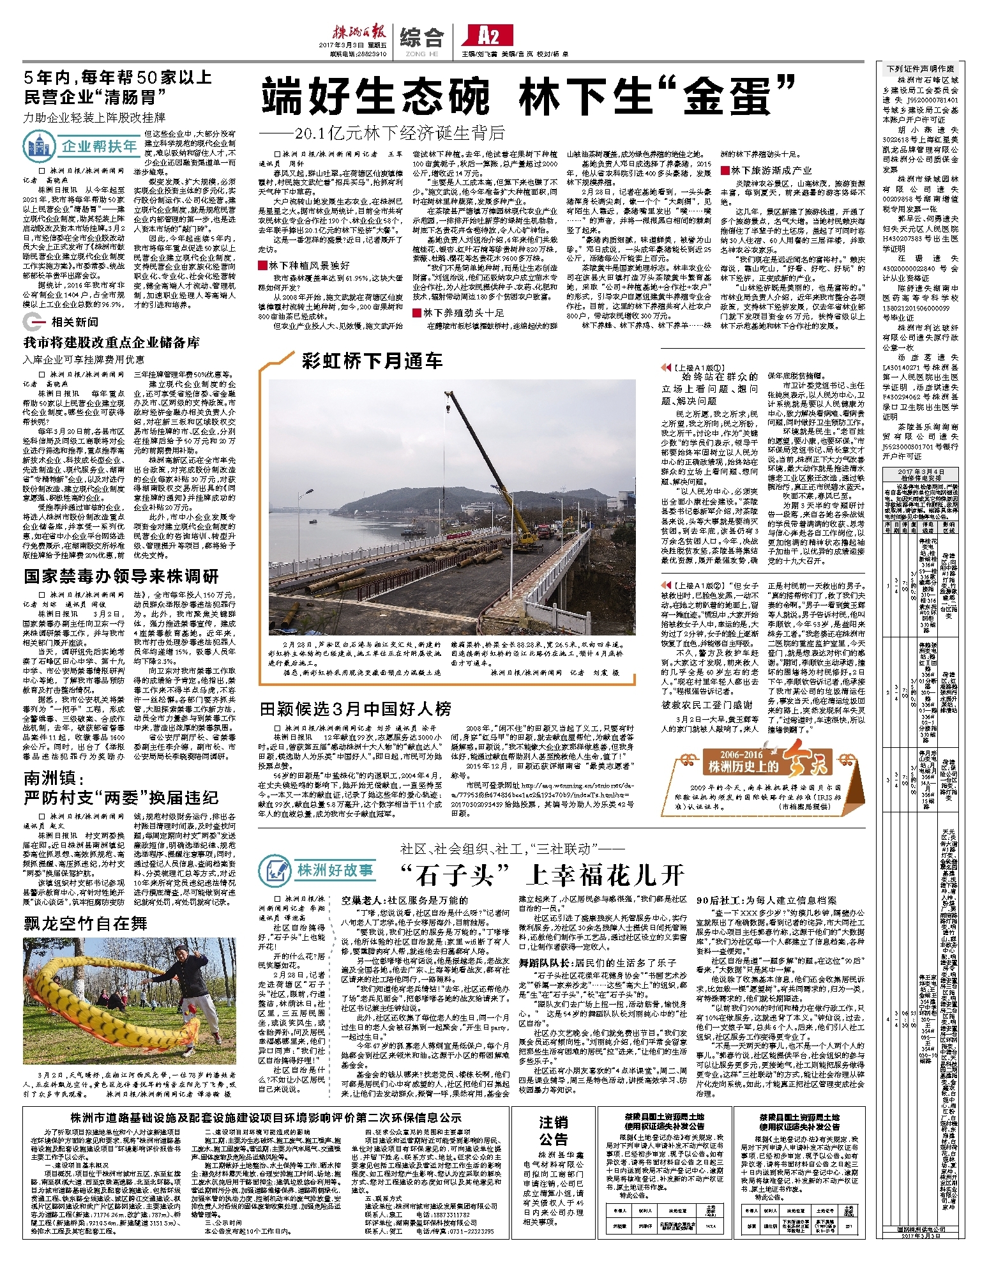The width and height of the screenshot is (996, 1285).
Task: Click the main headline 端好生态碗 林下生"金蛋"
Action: [529, 96]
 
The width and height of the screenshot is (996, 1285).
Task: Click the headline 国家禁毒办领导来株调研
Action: [121, 577]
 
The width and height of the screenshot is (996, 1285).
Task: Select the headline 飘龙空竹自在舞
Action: [86, 924]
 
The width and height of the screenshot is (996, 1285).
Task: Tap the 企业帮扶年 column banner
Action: [81, 146]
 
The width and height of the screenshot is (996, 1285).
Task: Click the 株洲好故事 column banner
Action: [317, 871]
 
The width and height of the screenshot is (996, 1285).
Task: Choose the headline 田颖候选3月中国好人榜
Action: [356, 709]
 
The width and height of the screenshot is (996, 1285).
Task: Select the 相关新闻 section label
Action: [75, 323]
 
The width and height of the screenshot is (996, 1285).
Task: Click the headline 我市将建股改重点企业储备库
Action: [112, 343]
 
